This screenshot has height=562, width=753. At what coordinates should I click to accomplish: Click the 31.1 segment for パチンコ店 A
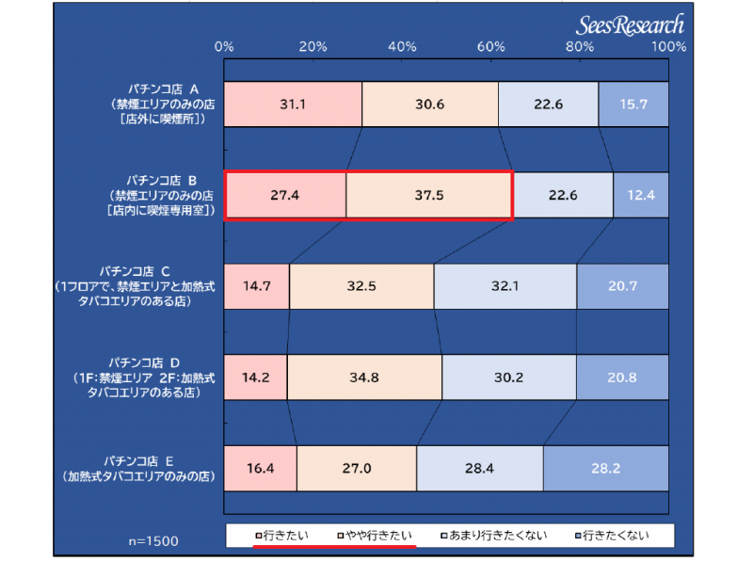(x=293, y=104)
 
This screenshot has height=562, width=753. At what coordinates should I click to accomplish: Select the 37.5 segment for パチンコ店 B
(x=428, y=196)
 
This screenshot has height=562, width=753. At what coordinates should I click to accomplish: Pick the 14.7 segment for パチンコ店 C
(x=257, y=286)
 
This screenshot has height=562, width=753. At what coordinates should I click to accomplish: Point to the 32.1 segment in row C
(x=505, y=286)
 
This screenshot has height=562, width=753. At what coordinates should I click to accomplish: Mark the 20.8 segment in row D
(x=622, y=377)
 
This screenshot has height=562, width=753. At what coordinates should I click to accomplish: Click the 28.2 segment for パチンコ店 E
(x=605, y=468)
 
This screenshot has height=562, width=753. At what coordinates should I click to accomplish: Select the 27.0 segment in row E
(x=357, y=468)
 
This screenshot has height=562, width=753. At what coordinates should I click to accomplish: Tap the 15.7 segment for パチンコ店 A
(x=633, y=104)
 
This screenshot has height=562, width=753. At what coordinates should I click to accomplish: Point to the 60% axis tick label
(x=491, y=47)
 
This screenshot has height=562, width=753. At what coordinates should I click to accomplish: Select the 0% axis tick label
(x=225, y=47)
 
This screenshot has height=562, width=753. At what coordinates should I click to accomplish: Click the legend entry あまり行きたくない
(x=493, y=536)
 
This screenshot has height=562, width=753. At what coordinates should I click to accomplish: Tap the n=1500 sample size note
(x=153, y=542)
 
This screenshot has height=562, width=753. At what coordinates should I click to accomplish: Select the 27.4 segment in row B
(x=285, y=196)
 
